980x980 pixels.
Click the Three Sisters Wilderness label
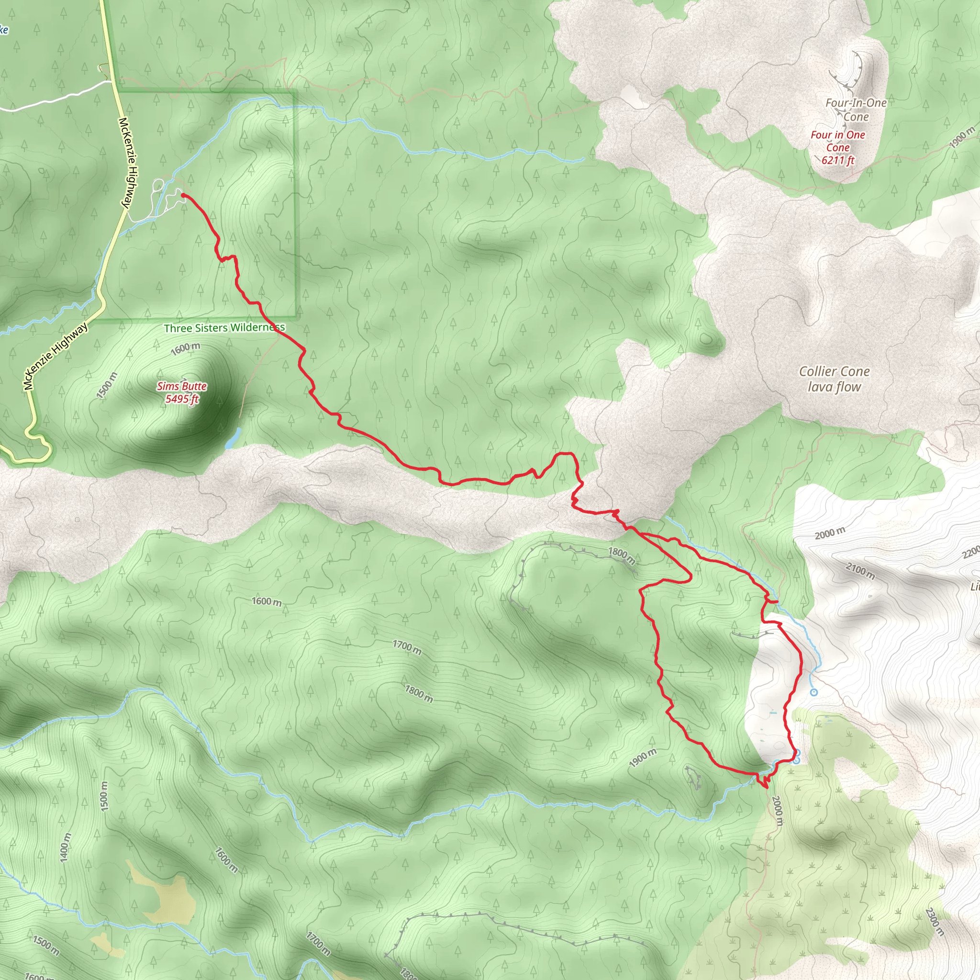pos(224,328)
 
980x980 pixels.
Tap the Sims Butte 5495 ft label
pos(181,392)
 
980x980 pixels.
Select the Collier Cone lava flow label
pos(835,379)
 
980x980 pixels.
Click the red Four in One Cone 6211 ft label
pos(837,147)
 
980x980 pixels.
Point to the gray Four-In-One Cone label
pos(856,110)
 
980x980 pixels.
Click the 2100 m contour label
pos(860,571)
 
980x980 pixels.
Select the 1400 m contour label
pos(66,846)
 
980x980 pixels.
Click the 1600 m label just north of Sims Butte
pos(185,348)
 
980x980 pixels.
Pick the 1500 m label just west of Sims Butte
pos(107,386)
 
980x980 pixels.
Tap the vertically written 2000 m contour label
pos(777,810)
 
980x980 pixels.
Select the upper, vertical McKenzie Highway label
pos(127,162)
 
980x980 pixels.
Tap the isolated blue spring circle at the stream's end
pos(814,692)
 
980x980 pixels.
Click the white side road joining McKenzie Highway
pos(56,100)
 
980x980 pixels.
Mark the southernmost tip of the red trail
pos(765,787)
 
